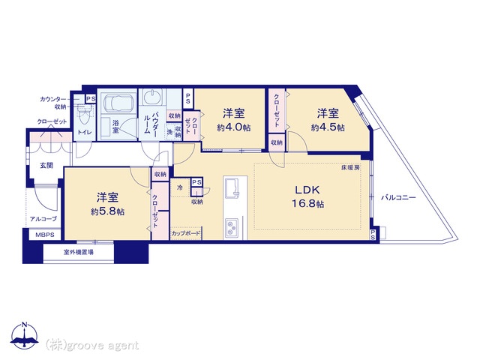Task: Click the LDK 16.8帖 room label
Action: [x=308, y=196]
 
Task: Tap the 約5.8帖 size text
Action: [x=107, y=211]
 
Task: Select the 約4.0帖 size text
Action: [x=234, y=127]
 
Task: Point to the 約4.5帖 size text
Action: [x=328, y=127]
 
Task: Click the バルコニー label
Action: [x=398, y=197]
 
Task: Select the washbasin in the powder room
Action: [x=151, y=98]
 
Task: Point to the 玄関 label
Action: [x=46, y=166]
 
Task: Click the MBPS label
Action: [x=45, y=235]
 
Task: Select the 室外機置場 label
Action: [x=78, y=253]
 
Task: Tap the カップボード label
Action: [x=186, y=234]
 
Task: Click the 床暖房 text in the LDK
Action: [x=351, y=168]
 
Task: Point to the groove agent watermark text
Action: [x=91, y=346]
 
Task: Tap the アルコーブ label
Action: [x=43, y=219]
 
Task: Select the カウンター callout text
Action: [x=52, y=100]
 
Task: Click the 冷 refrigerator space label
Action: [x=180, y=187]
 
